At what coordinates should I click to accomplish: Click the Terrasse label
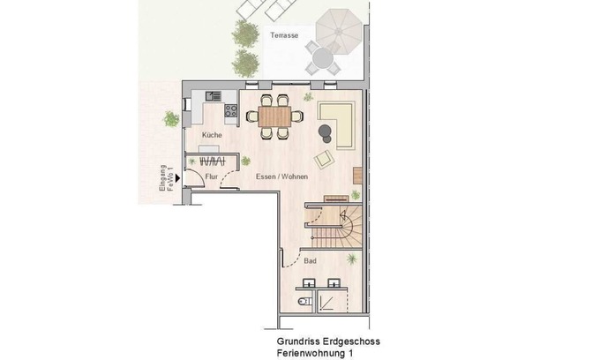point(284,35)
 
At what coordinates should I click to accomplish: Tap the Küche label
point(212,135)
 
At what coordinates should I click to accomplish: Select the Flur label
point(211,176)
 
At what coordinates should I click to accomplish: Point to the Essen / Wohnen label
point(282,176)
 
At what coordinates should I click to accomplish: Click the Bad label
point(310,261)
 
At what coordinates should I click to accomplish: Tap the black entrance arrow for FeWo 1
point(177,178)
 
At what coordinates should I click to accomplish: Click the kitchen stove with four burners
point(231,110)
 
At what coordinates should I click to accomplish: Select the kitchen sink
point(214,95)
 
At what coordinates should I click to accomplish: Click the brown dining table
point(274,116)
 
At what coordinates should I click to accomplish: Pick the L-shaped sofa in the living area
point(337,124)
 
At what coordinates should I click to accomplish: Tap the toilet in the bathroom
point(304,302)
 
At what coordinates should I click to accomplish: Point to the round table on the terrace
point(323,58)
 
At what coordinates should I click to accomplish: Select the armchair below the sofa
point(324,159)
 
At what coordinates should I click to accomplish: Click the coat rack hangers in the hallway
point(212,161)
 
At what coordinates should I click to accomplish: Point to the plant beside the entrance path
point(171,118)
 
